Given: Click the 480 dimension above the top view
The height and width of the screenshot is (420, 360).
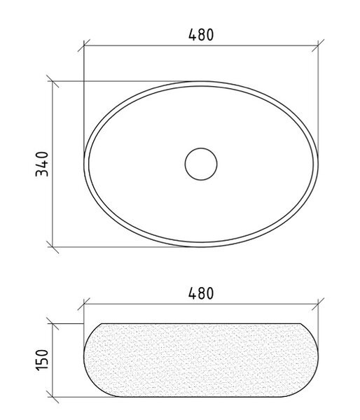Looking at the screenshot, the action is pyautogui.click(x=201, y=34).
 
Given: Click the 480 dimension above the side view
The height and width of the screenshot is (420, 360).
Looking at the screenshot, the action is pyautogui.click(x=201, y=293).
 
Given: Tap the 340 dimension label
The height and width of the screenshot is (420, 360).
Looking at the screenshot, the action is pyautogui.click(x=42, y=164).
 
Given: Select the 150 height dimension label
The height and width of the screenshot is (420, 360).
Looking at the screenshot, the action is pyautogui.click(x=42, y=360).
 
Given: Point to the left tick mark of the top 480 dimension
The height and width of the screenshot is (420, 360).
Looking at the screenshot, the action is pyautogui.click(x=84, y=45).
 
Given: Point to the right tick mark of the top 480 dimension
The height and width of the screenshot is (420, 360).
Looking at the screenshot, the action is pyautogui.click(x=318, y=45).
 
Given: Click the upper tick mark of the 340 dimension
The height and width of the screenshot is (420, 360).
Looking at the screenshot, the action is pyautogui.click(x=53, y=81).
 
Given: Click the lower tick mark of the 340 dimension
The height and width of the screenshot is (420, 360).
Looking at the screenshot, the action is pyautogui.click(x=53, y=246).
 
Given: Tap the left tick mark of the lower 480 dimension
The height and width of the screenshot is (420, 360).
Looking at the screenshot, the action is pyautogui.click(x=84, y=304).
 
